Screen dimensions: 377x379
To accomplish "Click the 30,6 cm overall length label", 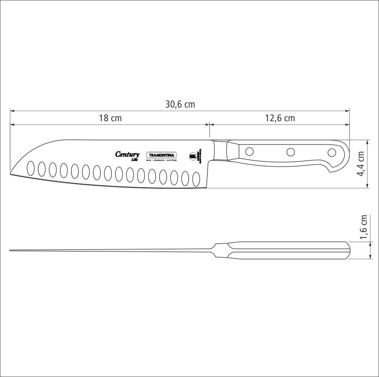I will pyautogui.click(x=180, y=105).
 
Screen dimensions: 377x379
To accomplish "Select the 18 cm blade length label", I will pyautogui.click(x=110, y=118).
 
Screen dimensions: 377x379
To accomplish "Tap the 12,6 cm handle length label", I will pyautogui.click(x=280, y=118).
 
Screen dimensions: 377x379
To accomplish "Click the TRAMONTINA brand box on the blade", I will pyautogui.click(x=161, y=155).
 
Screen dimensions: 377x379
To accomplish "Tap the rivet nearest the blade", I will pyautogui.click(x=249, y=151).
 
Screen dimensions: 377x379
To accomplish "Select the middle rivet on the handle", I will pyautogui.click(x=291, y=152).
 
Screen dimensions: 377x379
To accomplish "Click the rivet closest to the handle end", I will pyautogui.click(x=332, y=152).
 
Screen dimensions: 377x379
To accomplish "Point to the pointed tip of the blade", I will pyautogui.click(x=11, y=172).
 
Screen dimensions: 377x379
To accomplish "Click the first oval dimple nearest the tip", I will pyautogui.click(x=31, y=168).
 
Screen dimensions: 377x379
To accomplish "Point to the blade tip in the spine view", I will pyautogui.click(x=11, y=251).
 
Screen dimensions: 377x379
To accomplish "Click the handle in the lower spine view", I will pyautogui.click(x=289, y=250).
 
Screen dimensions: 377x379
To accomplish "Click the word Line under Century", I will pyautogui.click(x=134, y=160).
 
